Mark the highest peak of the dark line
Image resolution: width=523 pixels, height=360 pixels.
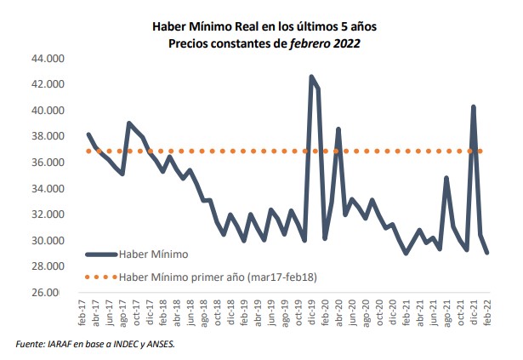pos(311,77)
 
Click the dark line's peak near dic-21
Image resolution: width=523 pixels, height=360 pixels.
pos(473,106)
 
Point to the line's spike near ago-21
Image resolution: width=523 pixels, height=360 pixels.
pos(446,178)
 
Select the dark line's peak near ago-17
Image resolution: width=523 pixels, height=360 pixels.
pos(128,123)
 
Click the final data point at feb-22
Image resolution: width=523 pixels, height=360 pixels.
pos(486,253)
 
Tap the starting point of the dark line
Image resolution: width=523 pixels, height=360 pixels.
pos(88,134)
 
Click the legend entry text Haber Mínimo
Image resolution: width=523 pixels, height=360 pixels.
pos(154,254)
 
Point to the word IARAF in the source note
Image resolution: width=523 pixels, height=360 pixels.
pos(63,345)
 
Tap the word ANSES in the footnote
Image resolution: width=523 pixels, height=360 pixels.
pos(160,345)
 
